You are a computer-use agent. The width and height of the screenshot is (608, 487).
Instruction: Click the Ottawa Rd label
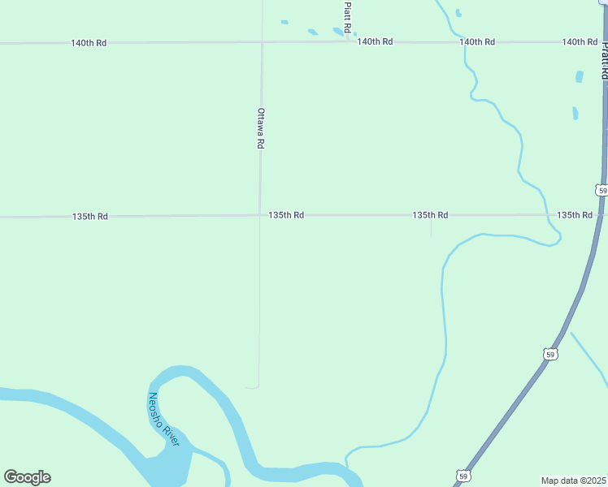261,127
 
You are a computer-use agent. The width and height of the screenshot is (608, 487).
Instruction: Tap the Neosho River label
163,417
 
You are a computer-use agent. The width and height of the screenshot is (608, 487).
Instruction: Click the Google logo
27,477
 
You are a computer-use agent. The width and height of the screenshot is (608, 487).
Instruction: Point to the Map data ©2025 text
573,481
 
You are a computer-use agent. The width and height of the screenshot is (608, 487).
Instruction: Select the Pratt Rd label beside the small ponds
347,16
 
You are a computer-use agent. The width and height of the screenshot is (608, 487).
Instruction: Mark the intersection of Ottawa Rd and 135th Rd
260,215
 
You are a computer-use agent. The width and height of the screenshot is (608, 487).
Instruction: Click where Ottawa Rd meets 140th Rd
262,42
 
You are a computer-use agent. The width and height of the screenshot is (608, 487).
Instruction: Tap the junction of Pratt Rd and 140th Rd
348,41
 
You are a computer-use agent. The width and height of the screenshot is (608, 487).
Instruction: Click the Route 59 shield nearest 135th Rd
601,190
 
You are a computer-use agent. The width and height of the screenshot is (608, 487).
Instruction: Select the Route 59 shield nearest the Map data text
462,476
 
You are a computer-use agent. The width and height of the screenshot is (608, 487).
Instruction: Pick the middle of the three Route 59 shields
550,354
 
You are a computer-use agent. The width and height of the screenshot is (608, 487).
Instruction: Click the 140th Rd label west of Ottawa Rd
89,42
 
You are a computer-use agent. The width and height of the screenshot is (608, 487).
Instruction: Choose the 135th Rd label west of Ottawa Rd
90,217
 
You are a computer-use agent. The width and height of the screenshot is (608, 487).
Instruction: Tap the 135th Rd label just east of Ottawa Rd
286,215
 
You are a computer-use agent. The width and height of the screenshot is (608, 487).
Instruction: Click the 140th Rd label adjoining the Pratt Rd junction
375,41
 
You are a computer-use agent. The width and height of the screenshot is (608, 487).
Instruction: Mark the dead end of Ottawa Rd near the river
258,386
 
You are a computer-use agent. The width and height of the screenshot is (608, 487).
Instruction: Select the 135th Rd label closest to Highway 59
575,215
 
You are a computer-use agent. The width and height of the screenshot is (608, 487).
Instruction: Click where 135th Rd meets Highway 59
602,215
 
